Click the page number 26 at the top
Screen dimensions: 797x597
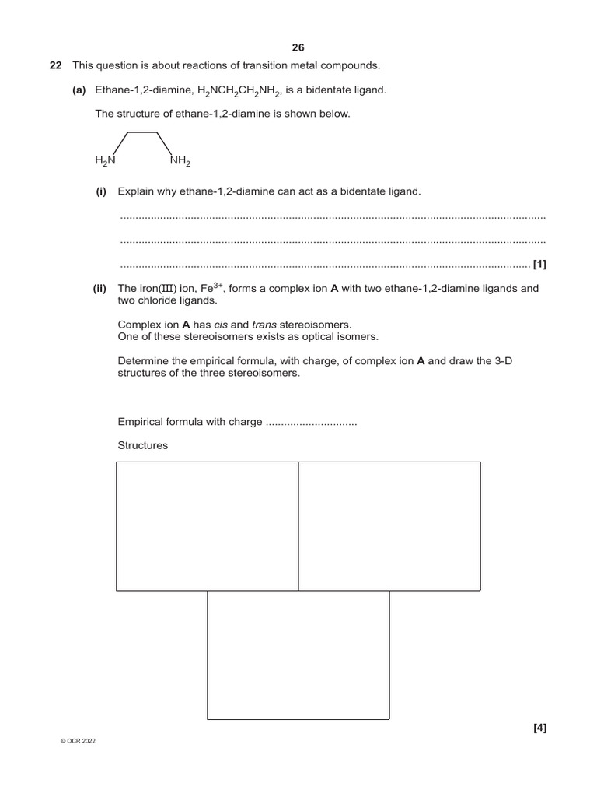click(x=298, y=47)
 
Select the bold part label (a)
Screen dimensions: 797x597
click(x=79, y=90)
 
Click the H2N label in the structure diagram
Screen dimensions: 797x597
click(x=105, y=161)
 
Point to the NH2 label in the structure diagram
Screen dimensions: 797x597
click(x=180, y=161)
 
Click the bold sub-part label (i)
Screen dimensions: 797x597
click(x=101, y=191)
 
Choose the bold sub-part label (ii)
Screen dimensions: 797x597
click(x=99, y=289)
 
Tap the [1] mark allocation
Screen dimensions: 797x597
click(x=539, y=265)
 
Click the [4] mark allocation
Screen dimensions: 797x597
click(x=540, y=729)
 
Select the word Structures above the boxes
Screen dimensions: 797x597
click(x=142, y=446)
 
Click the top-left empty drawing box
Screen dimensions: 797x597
click(x=208, y=525)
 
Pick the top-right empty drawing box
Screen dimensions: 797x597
click(x=389, y=525)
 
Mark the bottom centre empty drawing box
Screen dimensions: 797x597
click(x=298, y=655)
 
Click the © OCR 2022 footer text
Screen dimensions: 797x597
click(x=78, y=741)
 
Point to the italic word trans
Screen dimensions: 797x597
click(x=265, y=325)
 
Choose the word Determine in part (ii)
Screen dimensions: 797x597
click(x=143, y=361)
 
